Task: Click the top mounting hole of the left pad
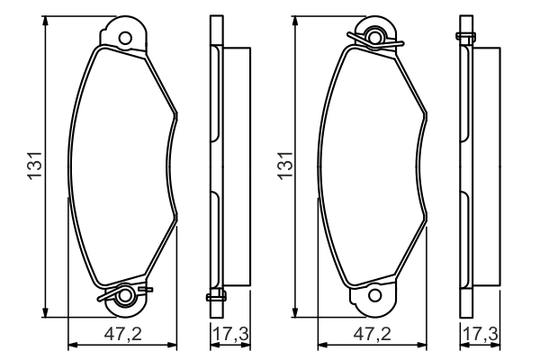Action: [125, 38]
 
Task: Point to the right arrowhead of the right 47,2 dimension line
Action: [426, 345]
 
